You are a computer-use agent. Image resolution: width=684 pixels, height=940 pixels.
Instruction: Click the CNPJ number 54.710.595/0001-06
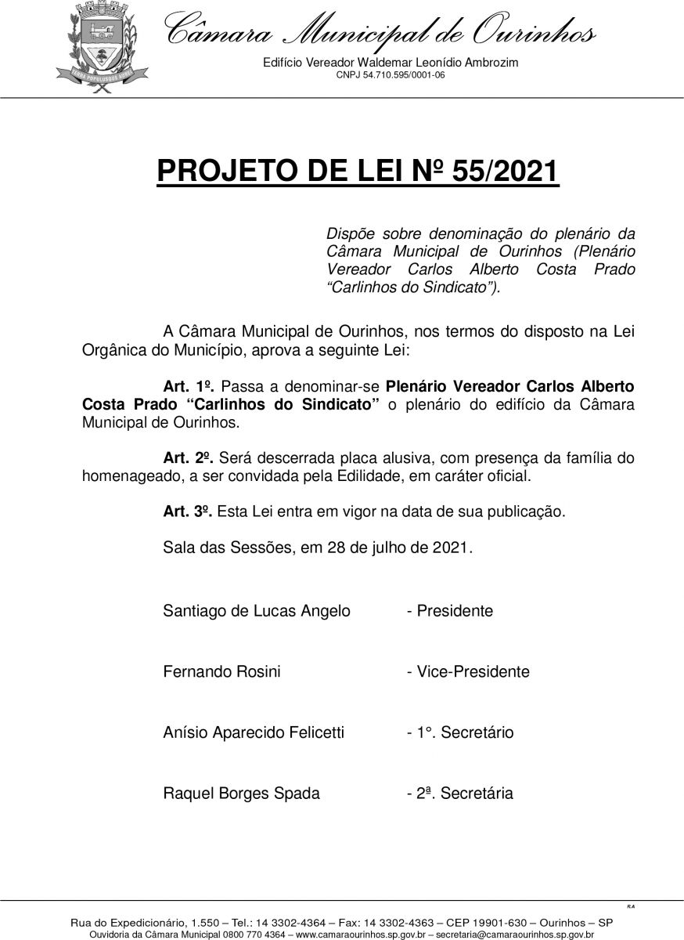pyautogui.click(x=391, y=75)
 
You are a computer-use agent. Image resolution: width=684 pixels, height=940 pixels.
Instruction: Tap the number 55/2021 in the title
pyautogui.click(x=497, y=171)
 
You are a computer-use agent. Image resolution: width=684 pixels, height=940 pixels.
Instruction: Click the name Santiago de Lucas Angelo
pyautogui.click(x=257, y=611)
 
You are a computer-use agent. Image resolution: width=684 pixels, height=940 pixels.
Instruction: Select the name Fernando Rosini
pyautogui.click(x=221, y=672)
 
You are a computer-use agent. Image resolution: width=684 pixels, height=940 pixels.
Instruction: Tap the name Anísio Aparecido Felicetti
pyautogui.click(x=254, y=733)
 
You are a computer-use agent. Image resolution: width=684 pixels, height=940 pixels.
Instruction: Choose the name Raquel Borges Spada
pyautogui.click(x=241, y=794)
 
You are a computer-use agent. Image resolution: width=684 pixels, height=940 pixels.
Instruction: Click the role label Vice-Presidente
pyautogui.click(x=473, y=672)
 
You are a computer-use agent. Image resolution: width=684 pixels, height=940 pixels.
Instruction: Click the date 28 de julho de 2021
pyautogui.click(x=402, y=548)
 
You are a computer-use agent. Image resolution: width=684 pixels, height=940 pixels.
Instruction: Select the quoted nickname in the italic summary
pyautogui.click(x=411, y=287)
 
